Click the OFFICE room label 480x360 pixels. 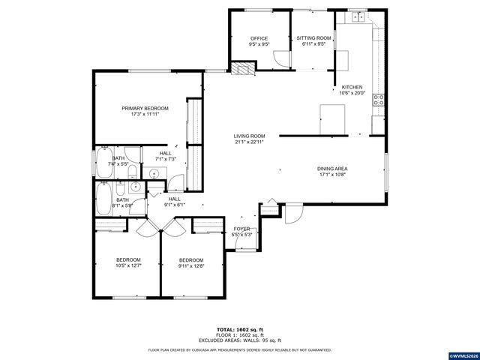pyautogui.click(x=259, y=38)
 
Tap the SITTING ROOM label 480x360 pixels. pyautogui.click(x=313, y=37)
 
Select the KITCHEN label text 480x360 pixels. pyautogui.click(x=352, y=87)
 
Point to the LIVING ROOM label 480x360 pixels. pyautogui.click(x=249, y=136)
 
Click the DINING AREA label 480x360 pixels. pyautogui.click(x=331, y=169)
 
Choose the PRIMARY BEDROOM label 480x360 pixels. pyautogui.click(x=145, y=108)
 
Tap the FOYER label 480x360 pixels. pyautogui.click(x=241, y=229)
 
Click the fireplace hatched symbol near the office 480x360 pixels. pyautogui.click(x=241, y=70)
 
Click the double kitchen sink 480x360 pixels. pyautogui.click(x=358, y=16)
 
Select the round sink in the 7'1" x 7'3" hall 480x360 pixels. pyautogui.click(x=154, y=173)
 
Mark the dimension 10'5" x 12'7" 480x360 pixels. pyautogui.click(x=127, y=265)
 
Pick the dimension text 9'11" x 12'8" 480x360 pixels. pyautogui.click(x=191, y=265)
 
